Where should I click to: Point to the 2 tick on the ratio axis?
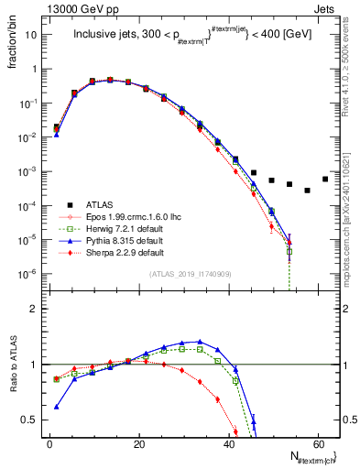pos(37,309)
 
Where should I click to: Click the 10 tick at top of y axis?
pos(33,35)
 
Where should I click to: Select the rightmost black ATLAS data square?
pos(325,179)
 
